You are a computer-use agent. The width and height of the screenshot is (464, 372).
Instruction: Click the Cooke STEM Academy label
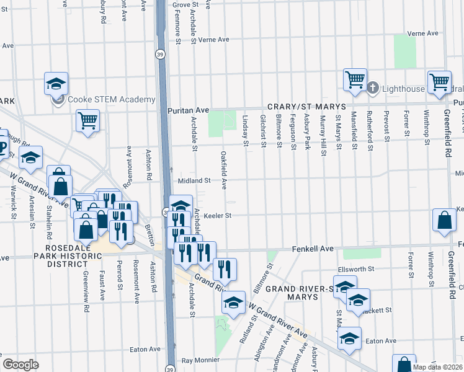111,100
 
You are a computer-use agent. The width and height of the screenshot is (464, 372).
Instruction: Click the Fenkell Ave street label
313,249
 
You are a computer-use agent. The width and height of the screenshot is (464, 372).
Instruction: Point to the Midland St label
195,180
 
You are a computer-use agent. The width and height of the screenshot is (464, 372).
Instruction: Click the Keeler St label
218,216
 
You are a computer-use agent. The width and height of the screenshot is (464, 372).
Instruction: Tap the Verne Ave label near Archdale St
213,40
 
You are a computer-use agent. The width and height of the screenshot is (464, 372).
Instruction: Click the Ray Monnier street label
200,360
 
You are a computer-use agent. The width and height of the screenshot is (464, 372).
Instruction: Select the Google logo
20,365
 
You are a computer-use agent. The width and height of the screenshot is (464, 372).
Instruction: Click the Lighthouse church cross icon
373,89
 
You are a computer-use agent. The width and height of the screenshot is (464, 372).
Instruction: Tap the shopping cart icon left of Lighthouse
355,79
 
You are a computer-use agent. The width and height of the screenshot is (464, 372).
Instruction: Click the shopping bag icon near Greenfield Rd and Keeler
445,219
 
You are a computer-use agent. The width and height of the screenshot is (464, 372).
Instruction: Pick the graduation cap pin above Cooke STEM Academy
56,84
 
